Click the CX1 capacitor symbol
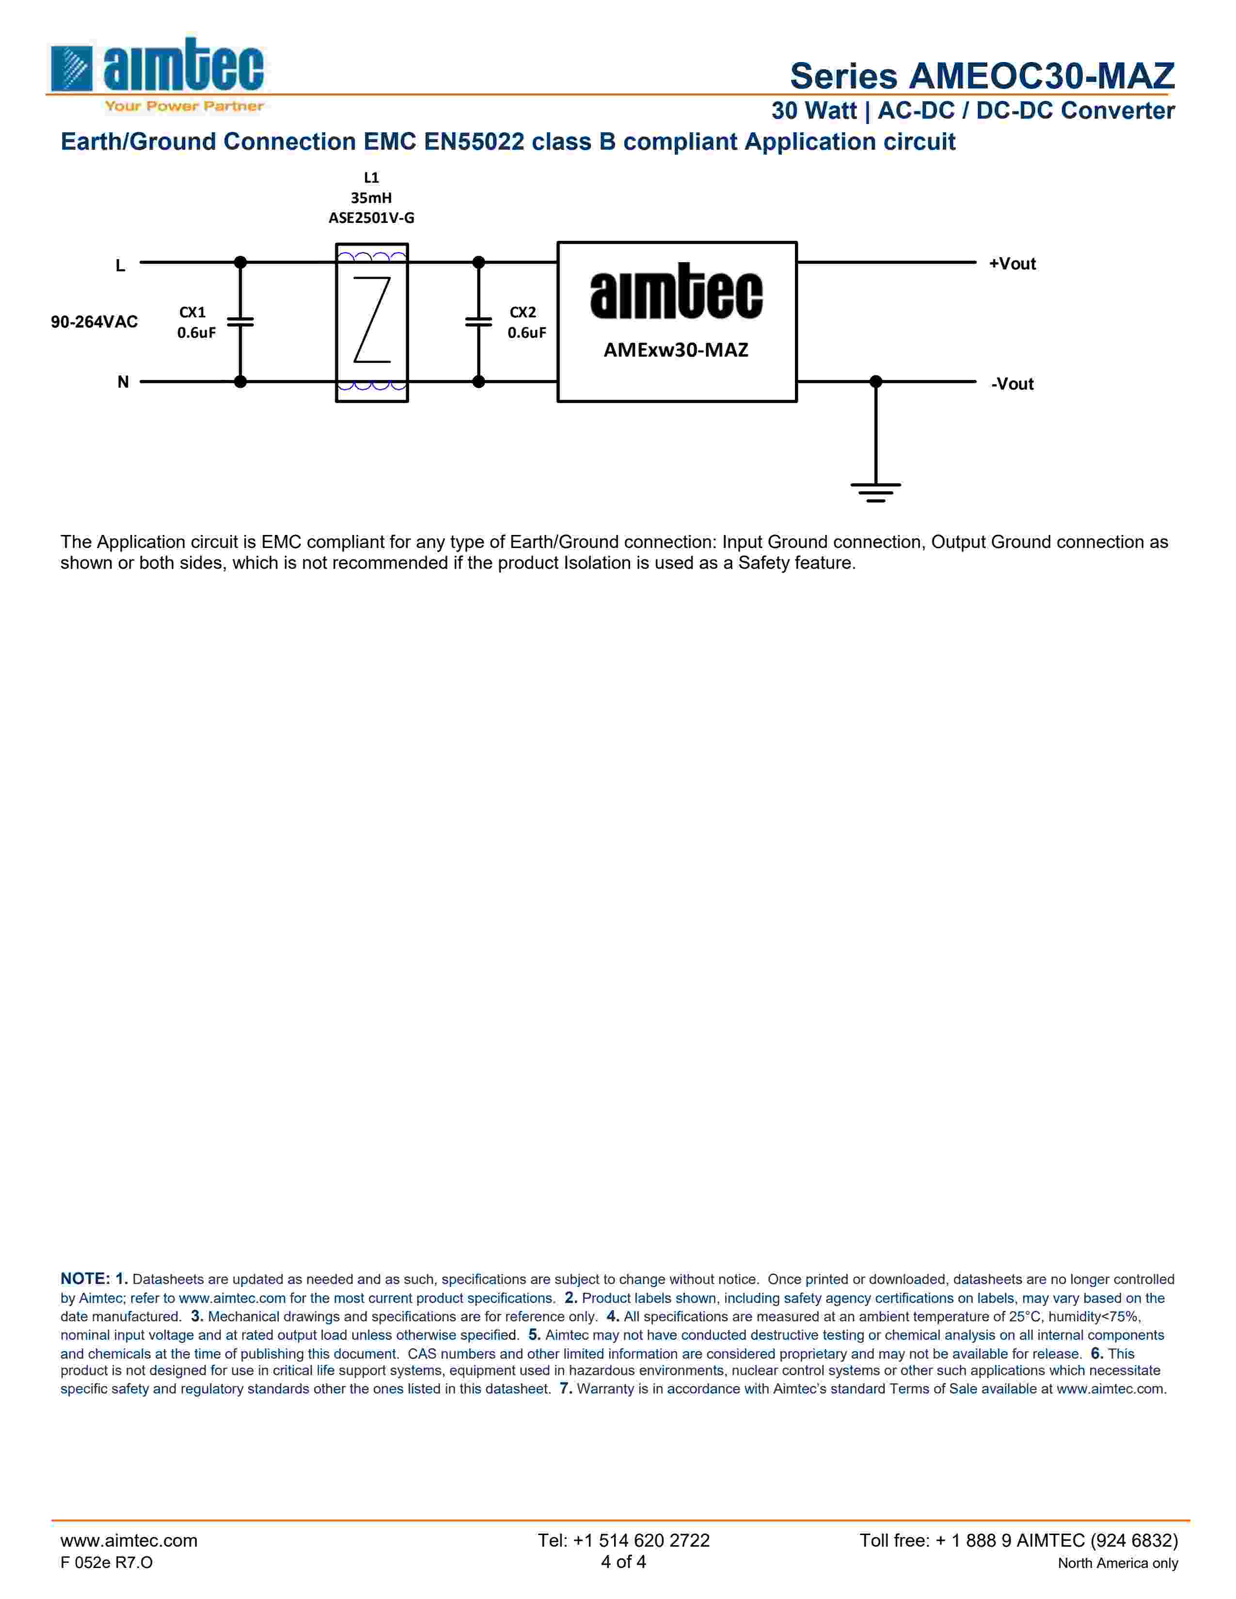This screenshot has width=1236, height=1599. (x=240, y=321)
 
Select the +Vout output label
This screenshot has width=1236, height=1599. (x=1012, y=264)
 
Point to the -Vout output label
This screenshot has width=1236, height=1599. (x=1012, y=384)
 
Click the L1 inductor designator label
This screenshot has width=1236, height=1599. (x=371, y=178)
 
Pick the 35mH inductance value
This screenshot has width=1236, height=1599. (x=371, y=198)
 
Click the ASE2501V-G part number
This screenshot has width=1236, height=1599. (x=371, y=218)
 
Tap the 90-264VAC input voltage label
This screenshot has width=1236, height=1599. (x=94, y=322)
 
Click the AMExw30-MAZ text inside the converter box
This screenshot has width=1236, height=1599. (x=676, y=350)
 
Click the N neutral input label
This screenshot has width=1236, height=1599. (x=123, y=382)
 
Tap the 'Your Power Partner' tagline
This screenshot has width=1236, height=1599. (x=184, y=106)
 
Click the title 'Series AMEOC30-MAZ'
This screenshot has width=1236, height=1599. (x=982, y=76)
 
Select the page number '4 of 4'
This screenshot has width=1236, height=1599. (x=623, y=1562)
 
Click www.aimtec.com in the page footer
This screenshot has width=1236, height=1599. (x=129, y=1540)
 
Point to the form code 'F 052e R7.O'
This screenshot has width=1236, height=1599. (x=107, y=1562)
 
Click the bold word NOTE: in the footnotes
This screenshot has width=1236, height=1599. (x=85, y=1278)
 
